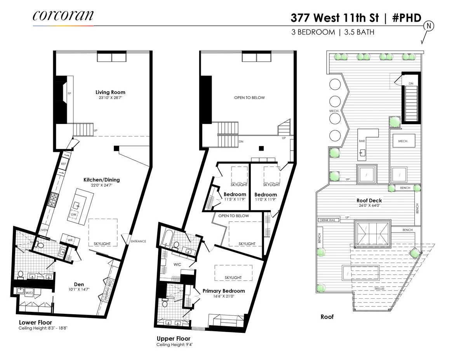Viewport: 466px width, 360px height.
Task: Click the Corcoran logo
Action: pos(63,16)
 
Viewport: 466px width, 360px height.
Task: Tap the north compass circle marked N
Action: pos(429,26)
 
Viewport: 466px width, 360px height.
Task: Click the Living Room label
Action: pos(110,92)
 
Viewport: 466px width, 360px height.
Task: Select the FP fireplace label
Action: pos(69,94)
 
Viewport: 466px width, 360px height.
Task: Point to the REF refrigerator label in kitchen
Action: pos(63,164)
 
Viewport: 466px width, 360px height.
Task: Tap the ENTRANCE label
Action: pos(138,241)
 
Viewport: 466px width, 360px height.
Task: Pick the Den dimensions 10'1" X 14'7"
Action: pos(79,289)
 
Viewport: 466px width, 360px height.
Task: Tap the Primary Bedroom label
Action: pos(224,291)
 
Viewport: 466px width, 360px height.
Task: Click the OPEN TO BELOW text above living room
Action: pos(249,98)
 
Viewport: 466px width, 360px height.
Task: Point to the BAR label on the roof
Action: pos(362,141)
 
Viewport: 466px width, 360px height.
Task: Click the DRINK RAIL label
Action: pos(327,220)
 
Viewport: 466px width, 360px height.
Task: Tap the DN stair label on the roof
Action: pos(411,83)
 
